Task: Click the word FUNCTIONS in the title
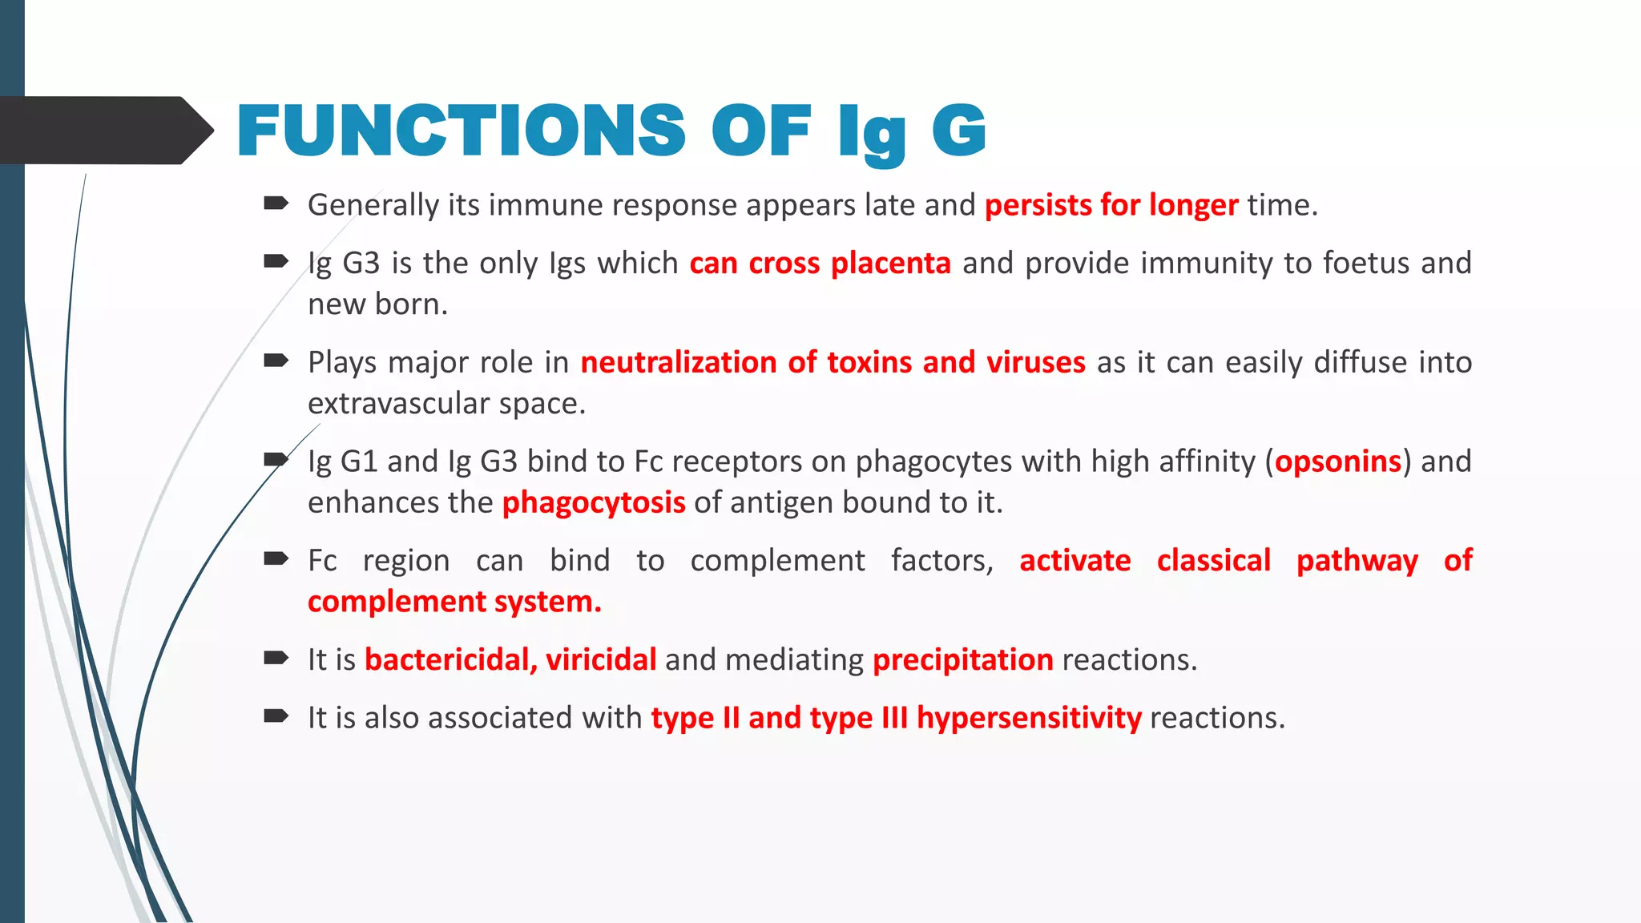[461, 131]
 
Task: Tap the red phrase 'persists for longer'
[1111, 205]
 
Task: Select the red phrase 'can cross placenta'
[820, 263]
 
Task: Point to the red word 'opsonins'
[1337, 461]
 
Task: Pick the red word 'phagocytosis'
[594, 502]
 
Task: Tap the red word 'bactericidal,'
[450, 659]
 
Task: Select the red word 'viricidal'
[601, 659]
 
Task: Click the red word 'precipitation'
[962, 659]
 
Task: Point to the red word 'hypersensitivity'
[1029, 718]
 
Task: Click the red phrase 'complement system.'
[454, 602]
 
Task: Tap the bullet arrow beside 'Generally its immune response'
[276, 204]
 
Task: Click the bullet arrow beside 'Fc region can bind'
[276, 558]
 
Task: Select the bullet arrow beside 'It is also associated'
[276, 715]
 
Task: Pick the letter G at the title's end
[958, 131]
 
